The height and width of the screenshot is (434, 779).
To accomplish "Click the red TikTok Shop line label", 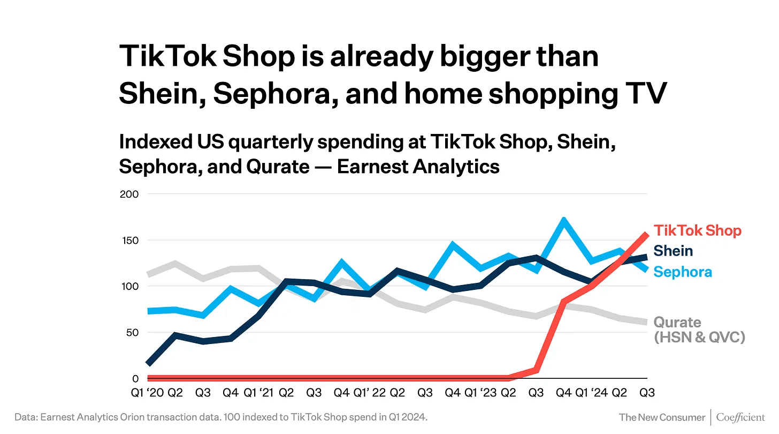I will pyautogui.click(x=698, y=231).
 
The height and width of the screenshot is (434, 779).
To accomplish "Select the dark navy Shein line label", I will pyautogui.click(x=673, y=251).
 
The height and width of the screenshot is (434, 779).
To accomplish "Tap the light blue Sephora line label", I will pyautogui.click(x=683, y=272).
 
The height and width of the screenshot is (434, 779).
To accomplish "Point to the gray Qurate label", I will pyautogui.click(x=677, y=323).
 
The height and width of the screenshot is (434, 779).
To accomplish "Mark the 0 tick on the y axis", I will pyautogui.click(x=135, y=378).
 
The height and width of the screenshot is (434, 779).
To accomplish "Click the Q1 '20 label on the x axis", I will pyautogui.click(x=147, y=393).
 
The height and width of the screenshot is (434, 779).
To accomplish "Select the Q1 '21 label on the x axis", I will pyautogui.click(x=259, y=393).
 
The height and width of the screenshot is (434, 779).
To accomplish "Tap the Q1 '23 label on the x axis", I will pyautogui.click(x=482, y=393).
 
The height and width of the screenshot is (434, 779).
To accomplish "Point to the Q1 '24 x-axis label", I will pyautogui.click(x=592, y=393).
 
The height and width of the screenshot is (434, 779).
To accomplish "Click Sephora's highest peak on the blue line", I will pyautogui.click(x=563, y=220).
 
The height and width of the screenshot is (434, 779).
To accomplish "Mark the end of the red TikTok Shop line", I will pyautogui.click(x=647, y=234).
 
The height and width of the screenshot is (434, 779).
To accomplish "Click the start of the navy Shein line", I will pyautogui.click(x=148, y=364).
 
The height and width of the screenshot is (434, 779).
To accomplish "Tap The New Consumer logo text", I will pyautogui.click(x=662, y=417).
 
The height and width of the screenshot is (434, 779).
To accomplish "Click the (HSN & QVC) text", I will pyautogui.click(x=700, y=338).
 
